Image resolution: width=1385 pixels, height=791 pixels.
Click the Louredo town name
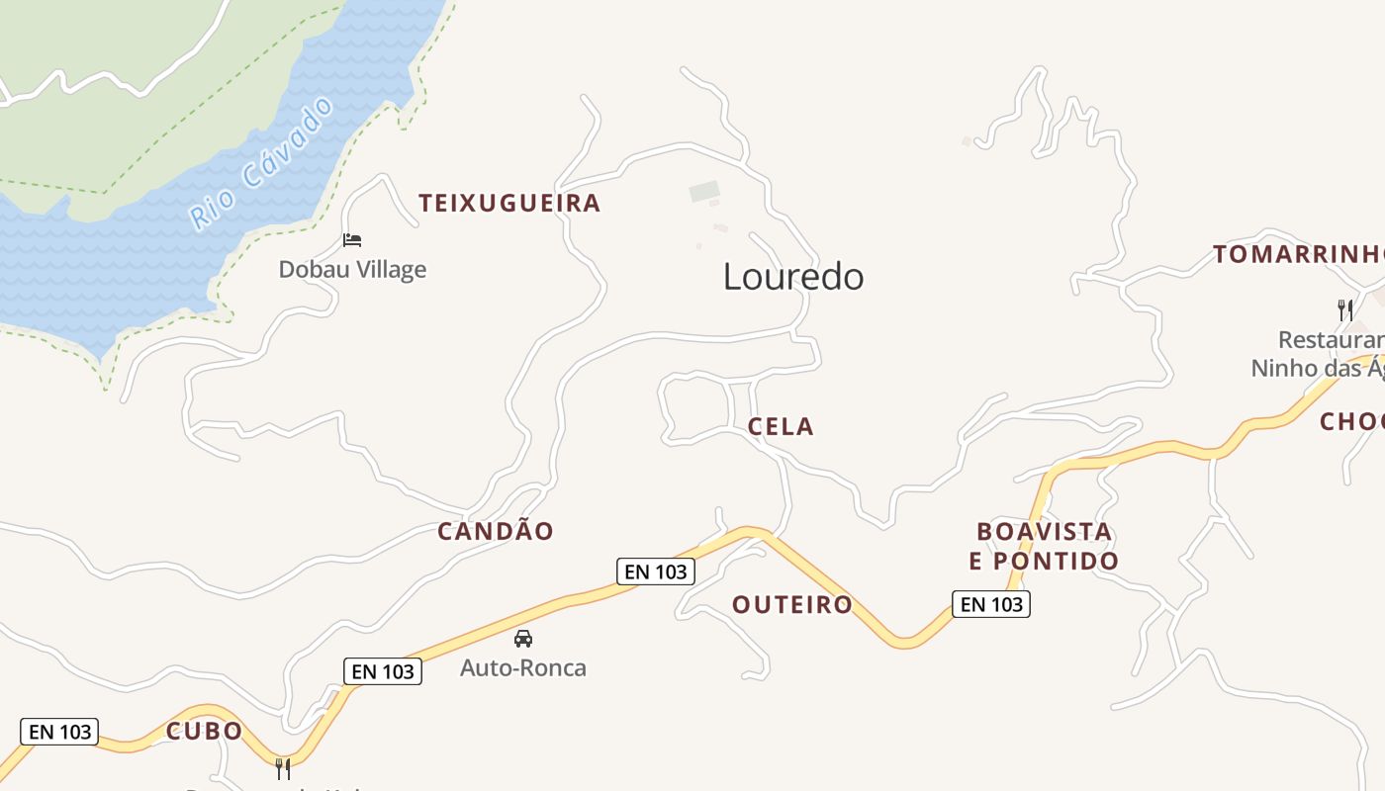coord(793,277)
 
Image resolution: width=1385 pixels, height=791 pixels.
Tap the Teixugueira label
coord(509,204)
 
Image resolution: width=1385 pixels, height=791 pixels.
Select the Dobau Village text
coord(352,269)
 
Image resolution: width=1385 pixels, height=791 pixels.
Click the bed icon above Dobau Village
coord(352,239)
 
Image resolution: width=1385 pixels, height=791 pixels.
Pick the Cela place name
coord(781,427)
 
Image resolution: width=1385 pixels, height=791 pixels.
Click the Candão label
coord(496,532)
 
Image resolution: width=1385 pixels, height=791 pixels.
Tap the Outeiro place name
coord(792,604)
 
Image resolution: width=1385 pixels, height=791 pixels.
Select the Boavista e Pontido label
coord(1044,547)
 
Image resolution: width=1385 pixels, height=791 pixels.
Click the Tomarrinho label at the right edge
coord(1298,255)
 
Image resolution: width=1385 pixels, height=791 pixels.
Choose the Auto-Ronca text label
coord(523,668)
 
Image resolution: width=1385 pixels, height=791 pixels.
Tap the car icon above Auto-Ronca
coord(523,639)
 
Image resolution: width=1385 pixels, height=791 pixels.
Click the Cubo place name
coord(204,732)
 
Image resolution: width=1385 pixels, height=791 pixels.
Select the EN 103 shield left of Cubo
coord(59,732)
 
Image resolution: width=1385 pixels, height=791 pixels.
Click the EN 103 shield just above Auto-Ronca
coord(383,671)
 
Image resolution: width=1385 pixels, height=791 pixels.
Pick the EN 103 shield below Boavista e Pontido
coord(991,604)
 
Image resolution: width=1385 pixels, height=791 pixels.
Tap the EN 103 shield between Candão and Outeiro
coord(656,571)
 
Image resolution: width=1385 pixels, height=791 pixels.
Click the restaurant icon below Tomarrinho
coord(1345,309)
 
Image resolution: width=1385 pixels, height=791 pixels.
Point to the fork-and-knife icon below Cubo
coord(283,768)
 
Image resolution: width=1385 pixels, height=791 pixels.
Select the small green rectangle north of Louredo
coord(704,191)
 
